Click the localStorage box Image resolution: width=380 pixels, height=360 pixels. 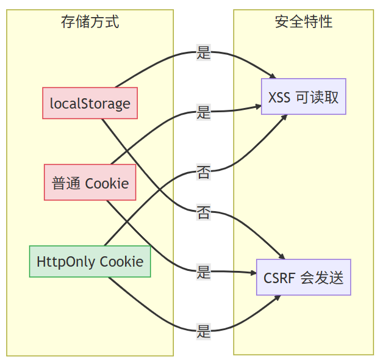click(x=90, y=103)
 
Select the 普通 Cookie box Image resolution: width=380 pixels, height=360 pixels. click(x=90, y=182)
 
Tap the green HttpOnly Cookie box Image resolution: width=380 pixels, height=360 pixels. click(x=90, y=261)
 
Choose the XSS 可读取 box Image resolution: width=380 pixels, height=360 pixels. click(x=303, y=96)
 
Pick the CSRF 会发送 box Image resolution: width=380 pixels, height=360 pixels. click(x=303, y=277)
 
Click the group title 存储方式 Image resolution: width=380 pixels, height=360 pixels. click(x=90, y=22)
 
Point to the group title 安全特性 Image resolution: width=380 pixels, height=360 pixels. click(x=303, y=22)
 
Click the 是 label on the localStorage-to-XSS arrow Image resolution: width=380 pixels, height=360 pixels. click(x=203, y=52)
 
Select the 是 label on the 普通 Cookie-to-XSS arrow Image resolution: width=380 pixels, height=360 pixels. click(x=203, y=112)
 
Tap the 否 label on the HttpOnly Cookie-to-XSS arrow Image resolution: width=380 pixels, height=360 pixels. click(x=203, y=172)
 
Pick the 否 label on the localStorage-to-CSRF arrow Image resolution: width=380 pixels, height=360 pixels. click(x=203, y=212)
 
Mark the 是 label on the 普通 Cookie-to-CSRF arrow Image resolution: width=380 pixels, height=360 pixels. click(x=203, y=272)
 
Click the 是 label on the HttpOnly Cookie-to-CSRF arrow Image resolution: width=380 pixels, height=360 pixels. click(x=203, y=331)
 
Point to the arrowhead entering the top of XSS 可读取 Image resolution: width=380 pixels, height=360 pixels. click(x=273, y=76)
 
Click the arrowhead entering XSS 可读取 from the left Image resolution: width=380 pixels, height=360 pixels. click(x=259, y=107)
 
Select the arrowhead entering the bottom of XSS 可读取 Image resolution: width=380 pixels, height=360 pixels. click(x=284, y=117)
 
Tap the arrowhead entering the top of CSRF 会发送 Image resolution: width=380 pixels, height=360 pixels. click(x=282, y=256)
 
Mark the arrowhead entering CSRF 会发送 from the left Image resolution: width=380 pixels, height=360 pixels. click(x=254, y=273)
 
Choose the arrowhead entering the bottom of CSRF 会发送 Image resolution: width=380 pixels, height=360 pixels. click(x=278, y=298)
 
